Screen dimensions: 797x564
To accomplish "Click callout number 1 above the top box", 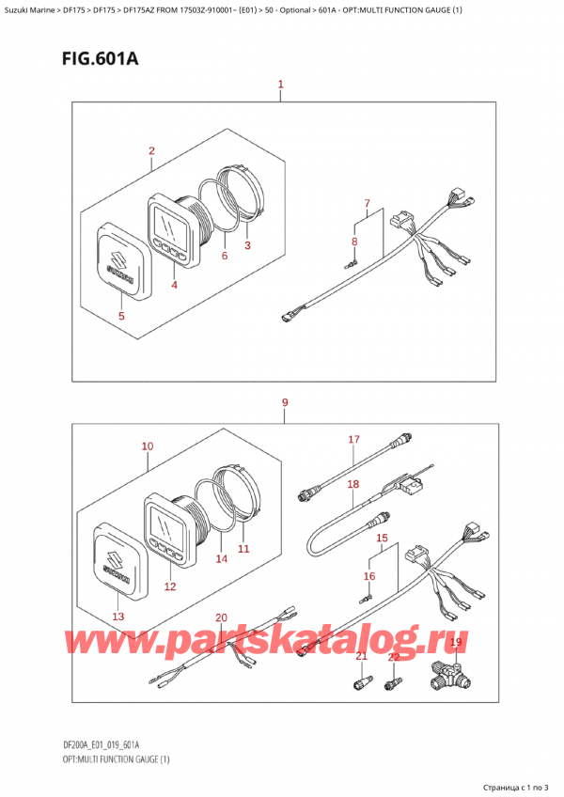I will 281,86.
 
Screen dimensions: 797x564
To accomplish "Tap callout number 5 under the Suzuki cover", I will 120,316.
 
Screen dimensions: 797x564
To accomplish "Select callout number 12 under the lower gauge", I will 170,586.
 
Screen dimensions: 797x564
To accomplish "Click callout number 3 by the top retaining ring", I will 247,246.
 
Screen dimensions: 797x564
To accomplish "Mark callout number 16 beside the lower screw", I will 368,575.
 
